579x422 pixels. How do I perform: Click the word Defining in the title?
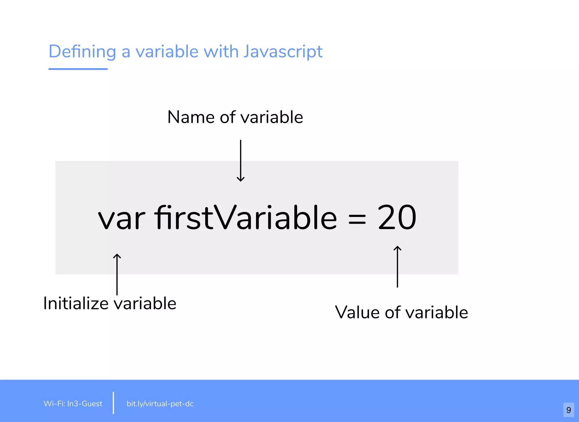coord(82,52)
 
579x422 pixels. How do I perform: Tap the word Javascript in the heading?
coord(283,52)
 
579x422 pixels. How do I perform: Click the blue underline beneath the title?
coord(78,69)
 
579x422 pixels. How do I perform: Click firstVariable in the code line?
coord(245,217)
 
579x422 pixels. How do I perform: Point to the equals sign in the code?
coord(357,219)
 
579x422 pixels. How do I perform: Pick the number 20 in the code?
coord(397,217)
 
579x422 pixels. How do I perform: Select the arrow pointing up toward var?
coord(117,274)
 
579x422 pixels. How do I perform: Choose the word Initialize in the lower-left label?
coord(76,304)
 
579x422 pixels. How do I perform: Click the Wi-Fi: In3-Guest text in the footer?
coord(73,404)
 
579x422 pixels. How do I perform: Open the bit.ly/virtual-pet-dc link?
coord(160,404)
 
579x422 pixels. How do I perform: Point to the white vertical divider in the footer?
coord(113,403)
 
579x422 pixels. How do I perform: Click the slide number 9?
coord(569,410)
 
